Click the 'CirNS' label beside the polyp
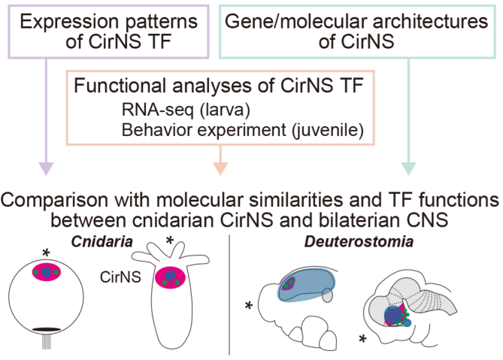point(120,277)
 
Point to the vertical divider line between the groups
point(229,293)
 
